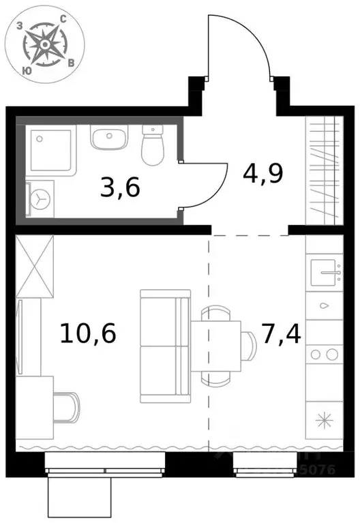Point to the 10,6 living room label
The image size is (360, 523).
click(89, 334)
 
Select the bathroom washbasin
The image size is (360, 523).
click(108, 140)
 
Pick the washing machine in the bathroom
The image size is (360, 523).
click(40, 198)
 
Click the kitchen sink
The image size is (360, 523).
click(325, 273)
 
